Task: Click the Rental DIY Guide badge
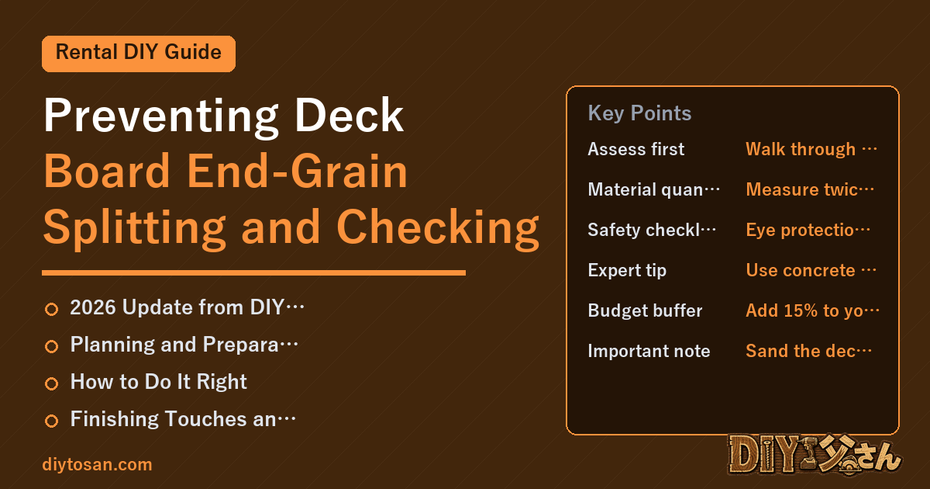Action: click(139, 54)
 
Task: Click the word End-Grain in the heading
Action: click(297, 171)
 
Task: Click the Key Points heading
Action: click(639, 113)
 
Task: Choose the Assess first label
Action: click(635, 149)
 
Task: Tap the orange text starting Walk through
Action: click(811, 149)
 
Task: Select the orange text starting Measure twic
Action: click(810, 189)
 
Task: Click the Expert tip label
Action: click(627, 270)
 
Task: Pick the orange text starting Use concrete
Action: click(811, 270)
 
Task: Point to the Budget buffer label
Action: click(645, 310)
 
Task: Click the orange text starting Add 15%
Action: click(812, 310)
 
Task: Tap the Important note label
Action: click(649, 351)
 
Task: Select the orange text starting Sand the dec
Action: click(809, 351)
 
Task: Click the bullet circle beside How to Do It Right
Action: click(51, 383)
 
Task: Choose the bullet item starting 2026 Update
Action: click(187, 307)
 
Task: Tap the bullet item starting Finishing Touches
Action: click(183, 418)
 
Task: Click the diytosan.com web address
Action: click(97, 464)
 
